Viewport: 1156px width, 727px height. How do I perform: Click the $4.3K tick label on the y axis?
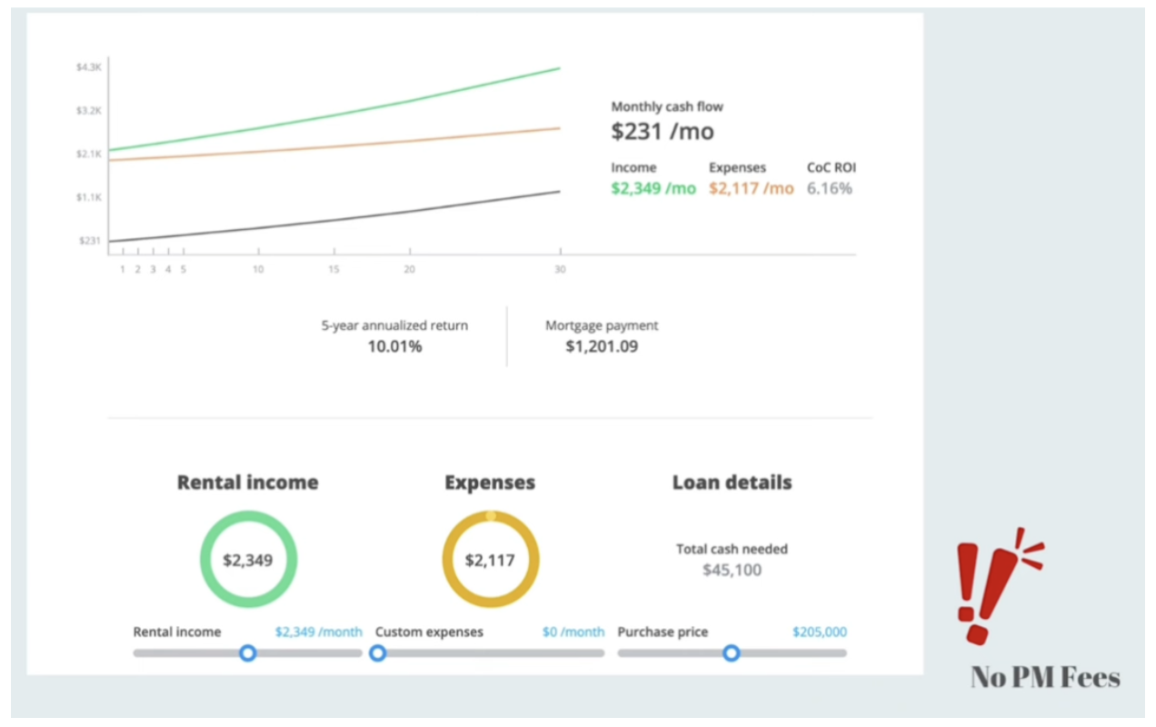pyautogui.click(x=89, y=67)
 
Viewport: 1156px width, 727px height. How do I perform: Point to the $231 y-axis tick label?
pyautogui.click(x=89, y=241)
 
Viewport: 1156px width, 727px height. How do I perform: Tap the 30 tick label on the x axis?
pyautogui.click(x=559, y=269)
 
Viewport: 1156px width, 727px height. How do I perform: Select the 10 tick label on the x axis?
pyautogui.click(x=258, y=269)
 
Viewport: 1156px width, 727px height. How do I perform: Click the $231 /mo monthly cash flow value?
pyautogui.click(x=663, y=132)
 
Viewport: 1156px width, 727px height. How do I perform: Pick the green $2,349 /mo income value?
pyautogui.click(x=653, y=189)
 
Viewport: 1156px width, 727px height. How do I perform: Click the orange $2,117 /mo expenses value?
pyautogui.click(x=751, y=189)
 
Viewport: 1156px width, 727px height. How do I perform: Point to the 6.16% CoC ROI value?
pyautogui.click(x=830, y=189)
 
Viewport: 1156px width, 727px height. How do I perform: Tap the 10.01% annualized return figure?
pyautogui.click(x=394, y=346)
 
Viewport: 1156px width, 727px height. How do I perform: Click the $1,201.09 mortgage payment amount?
pyautogui.click(x=602, y=346)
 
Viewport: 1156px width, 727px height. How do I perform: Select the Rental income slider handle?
pyautogui.click(x=247, y=652)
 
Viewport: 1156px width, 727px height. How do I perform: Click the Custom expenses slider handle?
pyautogui.click(x=378, y=652)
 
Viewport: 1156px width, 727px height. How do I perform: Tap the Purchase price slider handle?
pyautogui.click(x=731, y=652)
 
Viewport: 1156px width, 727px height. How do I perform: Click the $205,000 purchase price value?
pyautogui.click(x=819, y=632)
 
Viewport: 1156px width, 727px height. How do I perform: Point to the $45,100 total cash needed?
pyautogui.click(x=732, y=571)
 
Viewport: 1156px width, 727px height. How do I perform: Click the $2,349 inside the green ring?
pyautogui.click(x=248, y=560)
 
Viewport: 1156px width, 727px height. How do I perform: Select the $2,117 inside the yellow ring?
pyautogui.click(x=490, y=560)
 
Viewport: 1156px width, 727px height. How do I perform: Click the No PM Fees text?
pyautogui.click(x=1045, y=678)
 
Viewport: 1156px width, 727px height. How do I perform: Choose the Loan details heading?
pyautogui.click(x=732, y=483)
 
